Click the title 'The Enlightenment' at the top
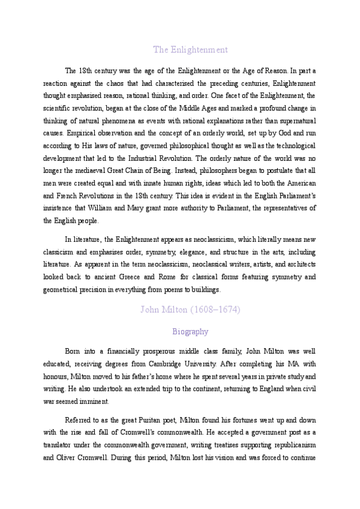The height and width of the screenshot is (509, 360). tap(190, 49)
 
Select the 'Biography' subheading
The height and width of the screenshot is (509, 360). tap(190, 331)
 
